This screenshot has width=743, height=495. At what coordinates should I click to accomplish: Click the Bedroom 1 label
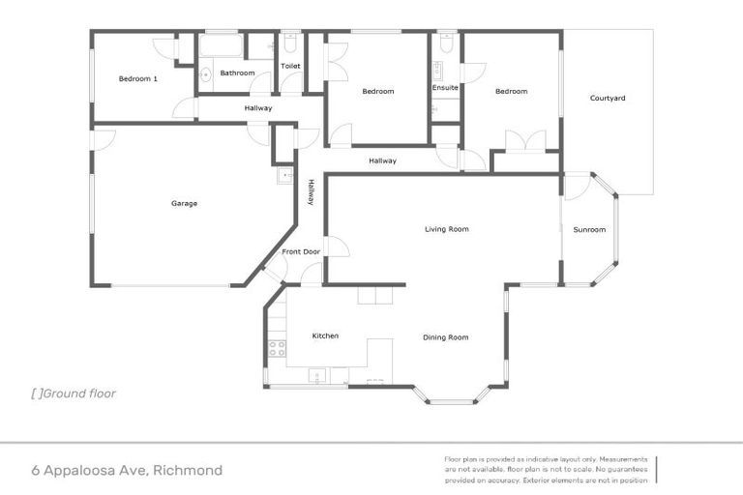pos(137,79)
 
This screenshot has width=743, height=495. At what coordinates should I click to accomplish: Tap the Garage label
pos(184,203)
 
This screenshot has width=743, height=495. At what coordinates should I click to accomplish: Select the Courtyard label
pos(608,98)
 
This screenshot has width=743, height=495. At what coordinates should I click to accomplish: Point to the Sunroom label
pos(589,229)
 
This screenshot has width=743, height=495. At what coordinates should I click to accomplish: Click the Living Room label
pos(446,229)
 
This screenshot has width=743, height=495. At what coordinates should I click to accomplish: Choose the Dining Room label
pos(445,337)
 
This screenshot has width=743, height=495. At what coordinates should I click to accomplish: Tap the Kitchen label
pos(325,335)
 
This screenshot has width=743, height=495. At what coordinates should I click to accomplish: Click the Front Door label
pos(301,252)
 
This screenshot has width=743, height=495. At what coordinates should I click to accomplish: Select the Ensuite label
pos(445,88)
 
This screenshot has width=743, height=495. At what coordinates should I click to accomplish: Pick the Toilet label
pos(290,66)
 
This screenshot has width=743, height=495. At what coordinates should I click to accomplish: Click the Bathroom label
pos(237,73)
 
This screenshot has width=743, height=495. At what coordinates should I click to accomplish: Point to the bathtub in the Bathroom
pos(221,45)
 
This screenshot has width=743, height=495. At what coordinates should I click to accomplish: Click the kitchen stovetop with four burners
pos(278,347)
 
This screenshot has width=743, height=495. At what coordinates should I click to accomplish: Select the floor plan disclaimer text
pos(547,469)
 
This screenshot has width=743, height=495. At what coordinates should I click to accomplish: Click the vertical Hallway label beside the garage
pos(311,193)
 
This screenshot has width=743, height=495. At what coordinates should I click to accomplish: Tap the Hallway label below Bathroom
pos(257,108)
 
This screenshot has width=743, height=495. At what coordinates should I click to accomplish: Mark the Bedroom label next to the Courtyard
pos(511,92)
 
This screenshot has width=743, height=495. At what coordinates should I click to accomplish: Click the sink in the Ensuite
pos(437,70)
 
